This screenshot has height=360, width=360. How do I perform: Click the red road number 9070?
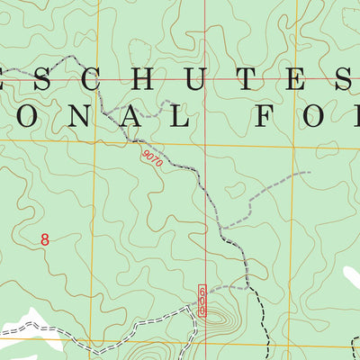tap(150, 159)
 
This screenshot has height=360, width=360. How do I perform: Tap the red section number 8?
tap(44, 239)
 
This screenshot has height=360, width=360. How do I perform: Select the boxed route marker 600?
tap(202, 299)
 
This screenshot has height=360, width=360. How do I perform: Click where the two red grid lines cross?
tap(205, 79)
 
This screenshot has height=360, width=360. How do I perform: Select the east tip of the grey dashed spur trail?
tap(309, 173)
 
